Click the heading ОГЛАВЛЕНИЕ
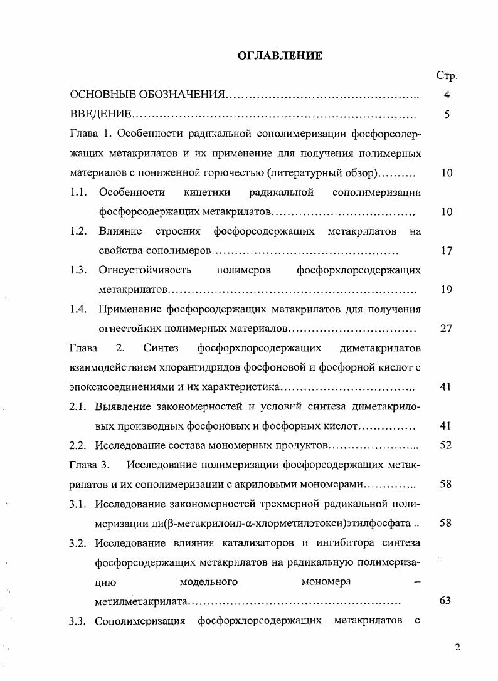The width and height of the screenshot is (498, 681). click(280, 56)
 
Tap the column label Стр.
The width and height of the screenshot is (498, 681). click(447, 76)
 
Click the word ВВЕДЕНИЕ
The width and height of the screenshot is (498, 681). click(100, 115)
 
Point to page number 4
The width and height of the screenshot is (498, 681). click(447, 95)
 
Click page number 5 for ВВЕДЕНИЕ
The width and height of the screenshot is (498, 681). click(447, 115)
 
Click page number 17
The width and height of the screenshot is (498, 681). click(447, 251)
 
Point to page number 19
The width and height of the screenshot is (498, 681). click(447, 290)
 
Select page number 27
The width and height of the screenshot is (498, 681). click(447, 329)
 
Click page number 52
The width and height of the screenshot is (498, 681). click(447, 445)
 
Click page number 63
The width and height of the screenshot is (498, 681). click(446, 601)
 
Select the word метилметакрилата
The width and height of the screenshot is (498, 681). click(141, 601)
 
